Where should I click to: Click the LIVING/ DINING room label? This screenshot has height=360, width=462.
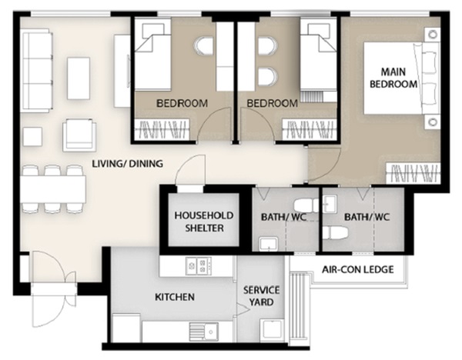point(127,163)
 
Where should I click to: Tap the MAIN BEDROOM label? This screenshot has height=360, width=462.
point(393,78)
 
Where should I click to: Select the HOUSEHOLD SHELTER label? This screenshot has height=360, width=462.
point(204,222)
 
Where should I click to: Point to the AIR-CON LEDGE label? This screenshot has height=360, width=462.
point(358,269)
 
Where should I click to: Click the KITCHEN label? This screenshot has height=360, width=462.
point(175,297)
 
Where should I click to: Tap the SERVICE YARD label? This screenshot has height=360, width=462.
point(261,296)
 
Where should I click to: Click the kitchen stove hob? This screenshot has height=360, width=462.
point(199,266)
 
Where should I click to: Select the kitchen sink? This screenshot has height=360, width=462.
point(203,332)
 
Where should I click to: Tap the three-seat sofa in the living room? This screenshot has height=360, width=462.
point(36,70)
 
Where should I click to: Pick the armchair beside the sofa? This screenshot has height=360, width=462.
point(79,135)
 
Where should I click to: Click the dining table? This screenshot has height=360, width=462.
point(53,189)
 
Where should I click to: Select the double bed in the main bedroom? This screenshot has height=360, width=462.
point(400,78)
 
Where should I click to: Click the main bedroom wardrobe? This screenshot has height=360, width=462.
point(413,174)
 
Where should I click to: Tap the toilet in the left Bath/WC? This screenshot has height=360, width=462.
point(306,205)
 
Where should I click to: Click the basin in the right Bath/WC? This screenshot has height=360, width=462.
point(330,203)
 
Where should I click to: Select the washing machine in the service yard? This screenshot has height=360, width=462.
point(273,330)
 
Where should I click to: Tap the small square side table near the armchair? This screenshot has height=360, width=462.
point(32,137)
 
